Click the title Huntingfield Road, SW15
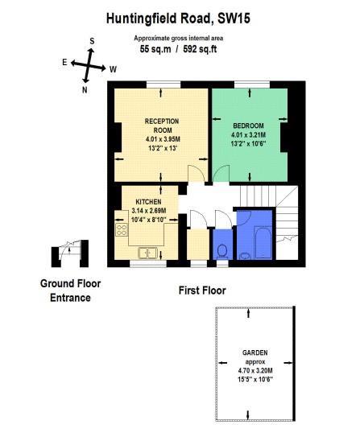(178, 19)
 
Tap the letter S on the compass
(92, 41)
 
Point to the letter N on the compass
(85, 90)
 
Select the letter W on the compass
(113, 69)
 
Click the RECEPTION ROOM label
(162, 126)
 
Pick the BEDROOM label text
(248, 126)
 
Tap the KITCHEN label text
(148, 202)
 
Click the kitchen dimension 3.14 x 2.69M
(149, 210)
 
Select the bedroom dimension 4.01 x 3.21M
(248, 134)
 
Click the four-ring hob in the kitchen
(122, 230)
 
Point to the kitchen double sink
(147, 253)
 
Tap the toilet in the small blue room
(222, 251)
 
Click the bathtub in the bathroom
(263, 243)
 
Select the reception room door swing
(197, 174)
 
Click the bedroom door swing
(221, 174)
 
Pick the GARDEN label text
(255, 352)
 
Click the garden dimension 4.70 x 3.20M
(255, 370)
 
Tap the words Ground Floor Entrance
(70, 291)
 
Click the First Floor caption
(202, 291)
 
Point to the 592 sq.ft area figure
(200, 49)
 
